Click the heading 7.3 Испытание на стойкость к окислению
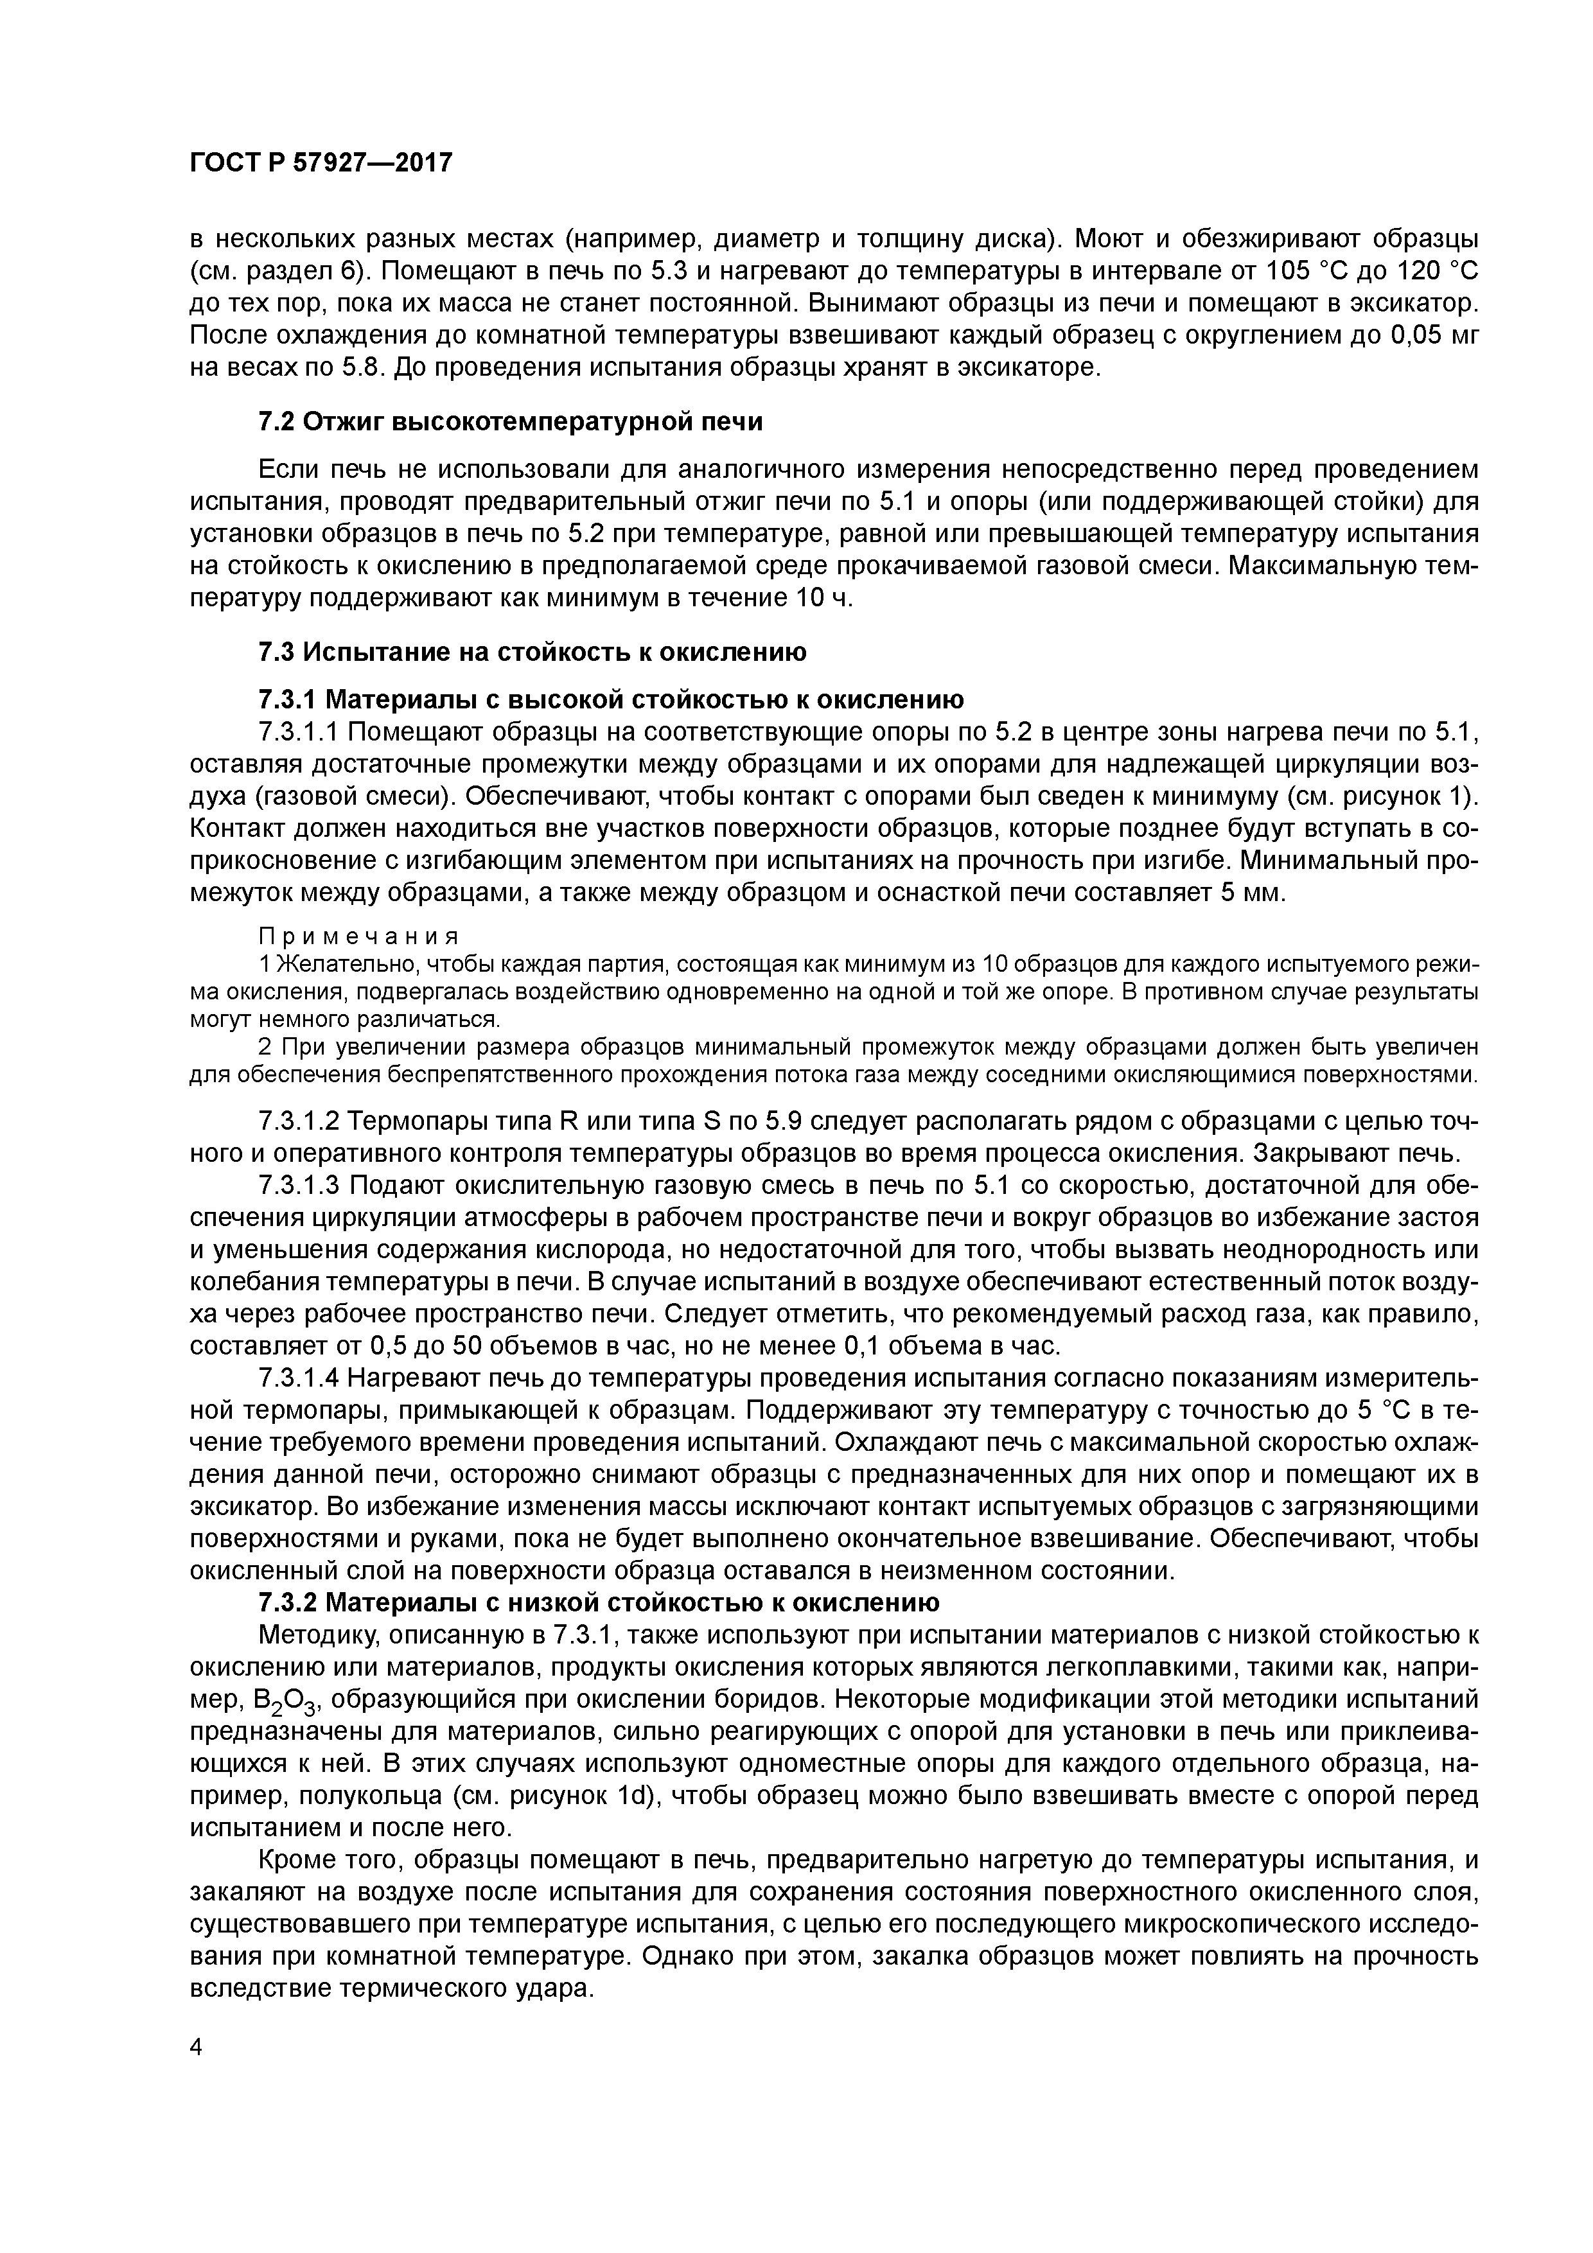point(532,652)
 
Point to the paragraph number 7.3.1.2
point(299,1121)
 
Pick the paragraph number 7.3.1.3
point(299,1186)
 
